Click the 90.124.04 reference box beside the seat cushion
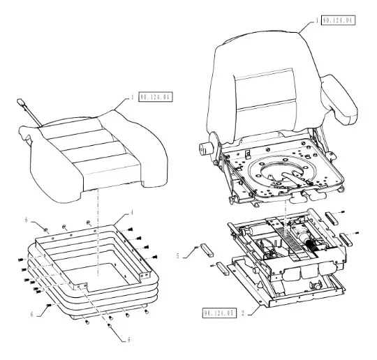click(156, 97)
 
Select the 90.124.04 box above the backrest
click(339, 20)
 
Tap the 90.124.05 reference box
click(219, 313)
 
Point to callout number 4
click(132, 213)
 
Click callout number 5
click(178, 256)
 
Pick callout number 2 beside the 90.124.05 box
click(243, 313)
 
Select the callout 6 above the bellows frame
click(27, 220)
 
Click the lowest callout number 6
click(129, 340)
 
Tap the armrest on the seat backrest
click(339, 100)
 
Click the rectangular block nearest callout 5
click(207, 250)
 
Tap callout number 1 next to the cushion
click(132, 97)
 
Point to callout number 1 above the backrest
click(317, 20)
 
